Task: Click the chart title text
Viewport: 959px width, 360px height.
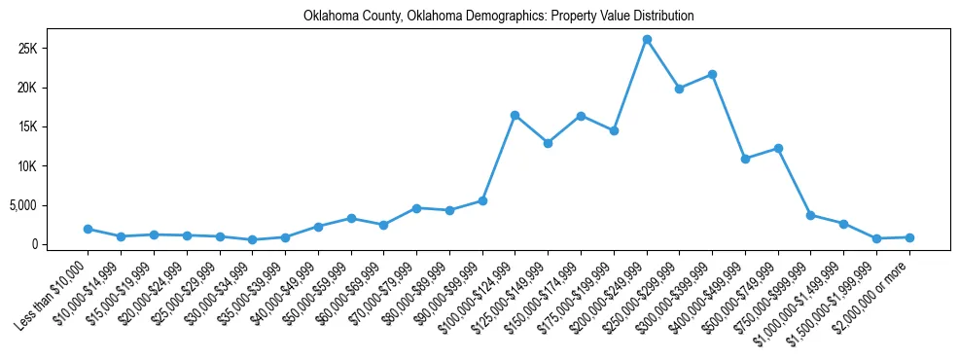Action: tap(498, 17)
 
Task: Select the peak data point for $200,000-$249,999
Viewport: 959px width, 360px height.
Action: tap(647, 39)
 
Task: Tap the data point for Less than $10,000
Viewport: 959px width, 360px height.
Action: tap(88, 229)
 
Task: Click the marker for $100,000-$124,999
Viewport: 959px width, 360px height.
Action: tap(515, 115)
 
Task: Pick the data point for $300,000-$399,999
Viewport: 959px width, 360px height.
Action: tap(712, 74)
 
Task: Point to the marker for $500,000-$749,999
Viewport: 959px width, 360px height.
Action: tap(778, 148)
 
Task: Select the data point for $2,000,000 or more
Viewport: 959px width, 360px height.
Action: tap(909, 237)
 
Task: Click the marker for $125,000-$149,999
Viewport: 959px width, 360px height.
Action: tap(548, 143)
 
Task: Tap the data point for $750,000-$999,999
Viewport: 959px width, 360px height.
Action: tap(811, 215)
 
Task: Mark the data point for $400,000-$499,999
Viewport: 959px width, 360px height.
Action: tap(745, 159)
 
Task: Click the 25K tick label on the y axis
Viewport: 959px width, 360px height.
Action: tap(53, 49)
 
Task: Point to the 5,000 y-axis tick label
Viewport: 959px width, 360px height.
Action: tap(49, 205)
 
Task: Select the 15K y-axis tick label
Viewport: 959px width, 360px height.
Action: tap(53, 126)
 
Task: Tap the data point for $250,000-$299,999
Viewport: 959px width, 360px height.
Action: tap(679, 89)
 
